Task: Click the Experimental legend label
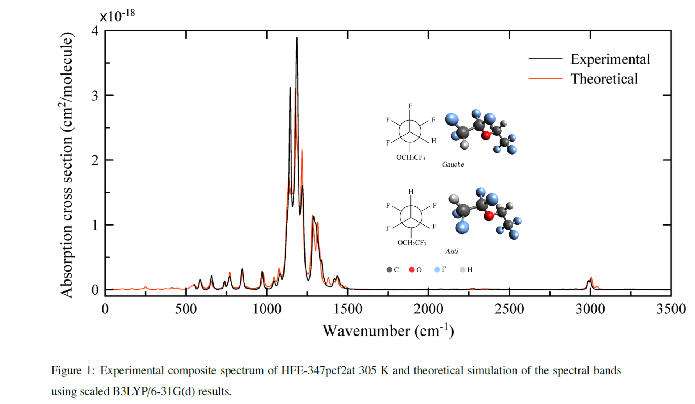[610, 59]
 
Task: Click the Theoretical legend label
[604, 79]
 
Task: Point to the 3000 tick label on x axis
[590, 309]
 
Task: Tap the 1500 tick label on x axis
[347, 309]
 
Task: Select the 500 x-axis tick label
[186, 309]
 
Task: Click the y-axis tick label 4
[95, 31]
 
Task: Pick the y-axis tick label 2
[95, 160]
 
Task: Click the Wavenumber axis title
[388, 331]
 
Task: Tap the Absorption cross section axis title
[67, 165]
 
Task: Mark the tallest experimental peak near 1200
[297, 38]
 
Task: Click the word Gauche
[453, 164]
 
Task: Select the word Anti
[451, 251]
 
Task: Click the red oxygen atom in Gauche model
[486, 136]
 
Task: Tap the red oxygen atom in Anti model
[489, 216]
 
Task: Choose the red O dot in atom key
[412, 270]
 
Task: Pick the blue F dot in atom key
[437, 270]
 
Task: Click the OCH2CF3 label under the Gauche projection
[410, 157]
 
